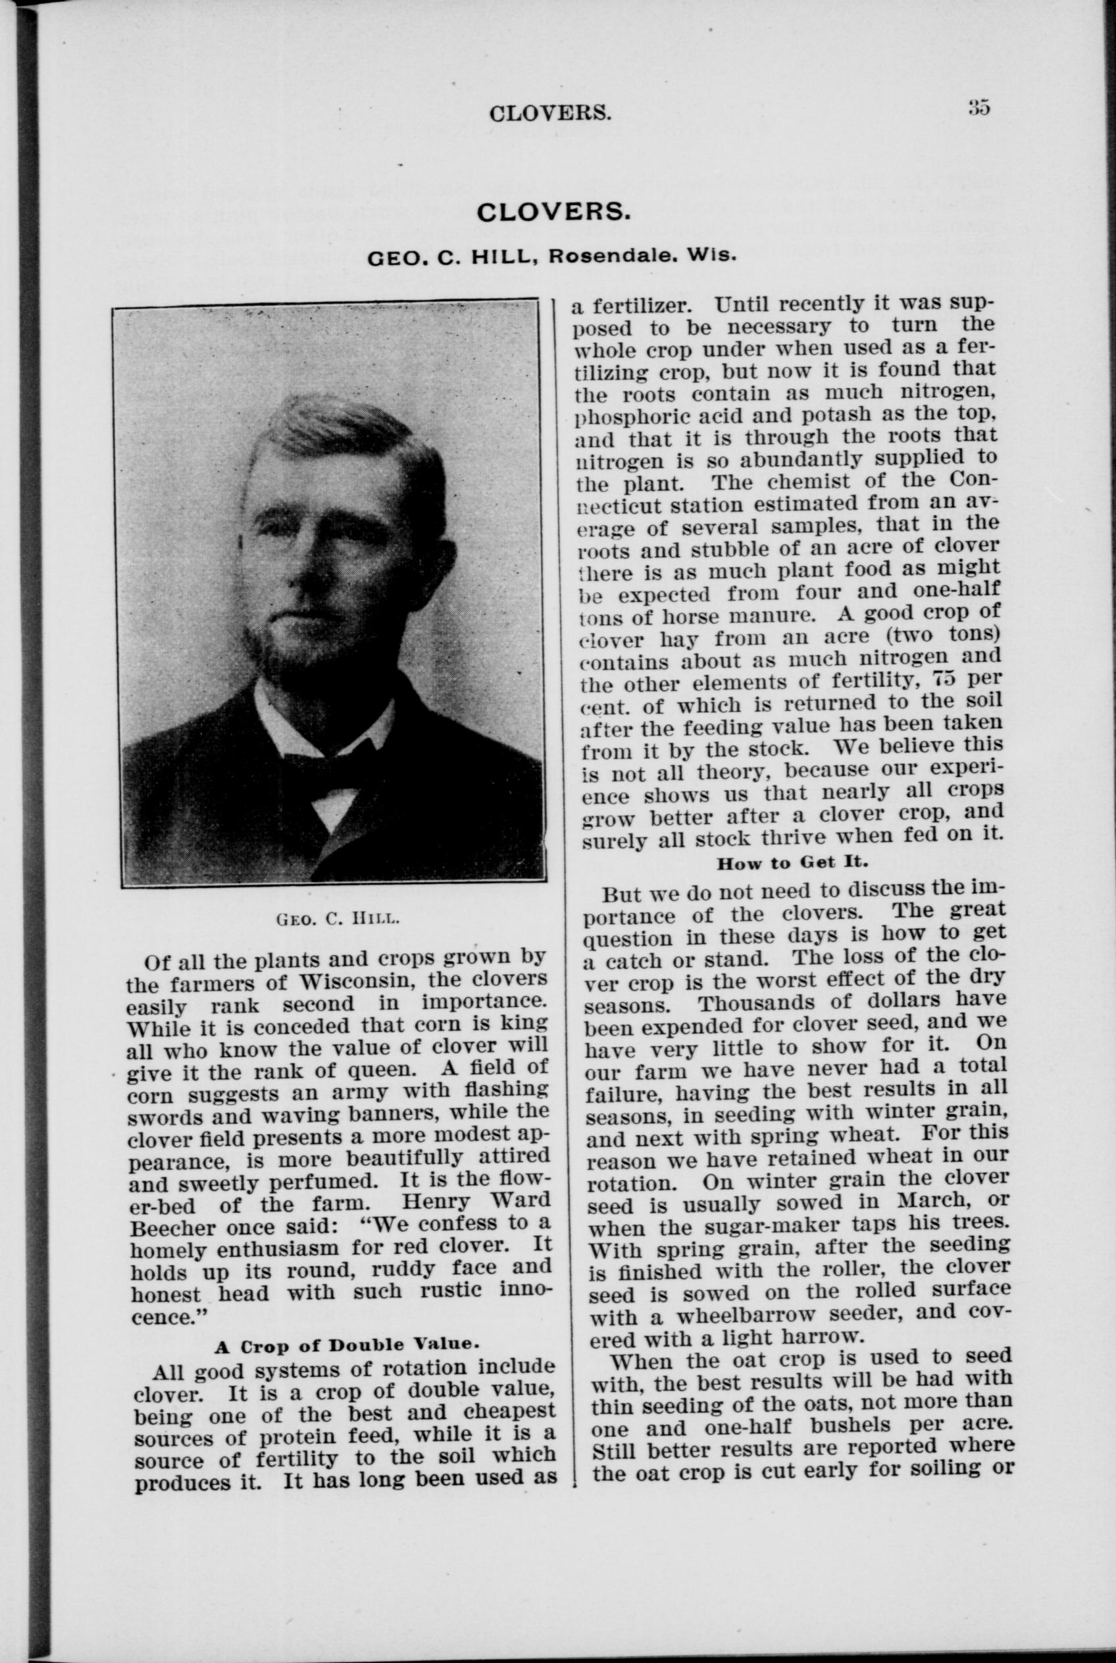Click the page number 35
pyautogui.click(x=978, y=107)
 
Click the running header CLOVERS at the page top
pyautogui.click(x=549, y=114)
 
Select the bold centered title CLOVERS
pyautogui.click(x=553, y=211)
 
